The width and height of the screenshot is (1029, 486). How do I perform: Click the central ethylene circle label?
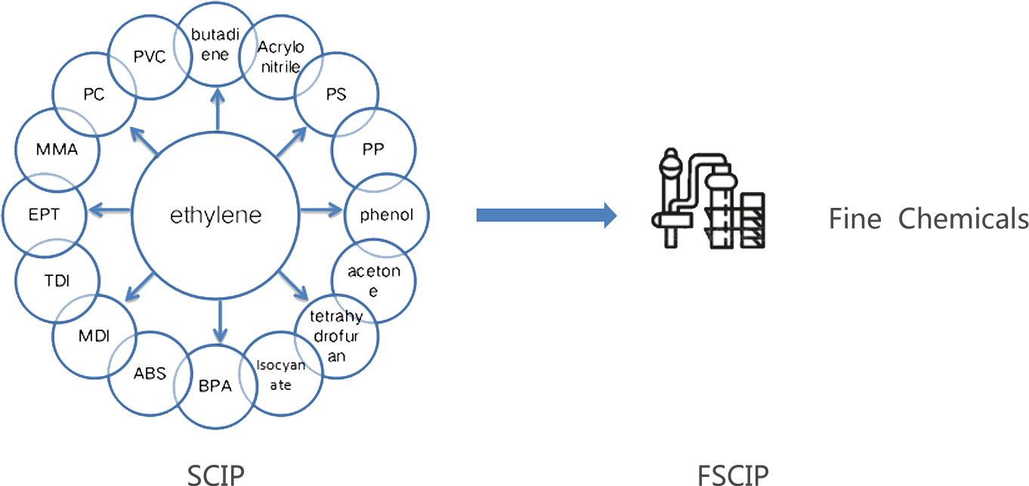[x=215, y=215]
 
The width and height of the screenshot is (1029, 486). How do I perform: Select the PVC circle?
[x=150, y=58]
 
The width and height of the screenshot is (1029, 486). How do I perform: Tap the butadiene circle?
[x=215, y=44]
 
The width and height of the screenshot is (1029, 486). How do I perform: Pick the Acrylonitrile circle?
[x=280, y=57]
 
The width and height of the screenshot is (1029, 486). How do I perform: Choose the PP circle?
[x=374, y=149]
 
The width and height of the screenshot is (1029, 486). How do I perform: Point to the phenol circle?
[x=387, y=215]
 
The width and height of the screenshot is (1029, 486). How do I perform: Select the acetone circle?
[x=373, y=280]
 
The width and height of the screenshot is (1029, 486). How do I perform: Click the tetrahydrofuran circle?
[x=337, y=335]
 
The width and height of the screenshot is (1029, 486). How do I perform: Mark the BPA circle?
[x=215, y=387]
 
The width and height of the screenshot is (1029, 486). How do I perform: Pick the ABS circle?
[x=150, y=373]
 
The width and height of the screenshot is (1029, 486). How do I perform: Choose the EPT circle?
[x=44, y=215]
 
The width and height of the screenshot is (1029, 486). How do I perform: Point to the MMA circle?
[x=57, y=149]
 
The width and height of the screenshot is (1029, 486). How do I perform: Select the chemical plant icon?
[x=708, y=199]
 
